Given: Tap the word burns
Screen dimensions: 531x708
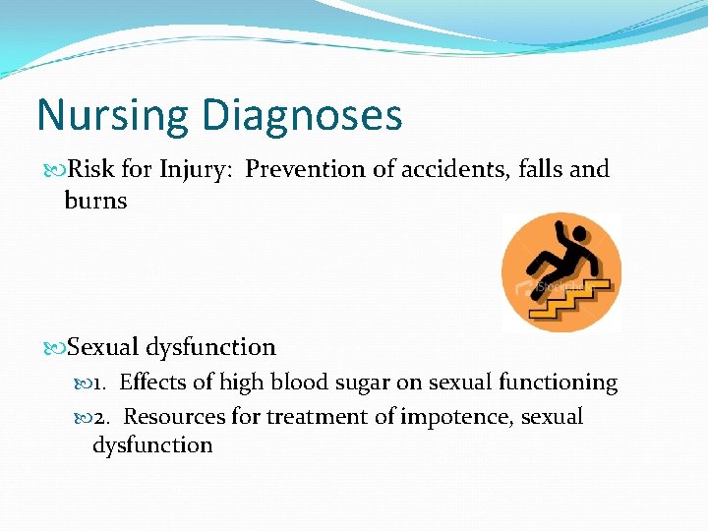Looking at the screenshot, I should (x=95, y=201).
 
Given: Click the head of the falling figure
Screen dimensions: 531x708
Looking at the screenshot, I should (x=578, y=234).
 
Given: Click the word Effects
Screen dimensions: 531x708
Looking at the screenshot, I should (x=152, y=383).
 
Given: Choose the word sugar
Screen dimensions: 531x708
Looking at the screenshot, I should (x=358, y=383).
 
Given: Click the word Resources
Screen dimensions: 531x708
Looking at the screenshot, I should (x=173, y=416).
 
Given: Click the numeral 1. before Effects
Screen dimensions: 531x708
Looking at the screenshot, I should (x=104, y=383).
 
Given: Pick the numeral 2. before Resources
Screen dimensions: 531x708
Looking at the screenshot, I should (x=104, y=416).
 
